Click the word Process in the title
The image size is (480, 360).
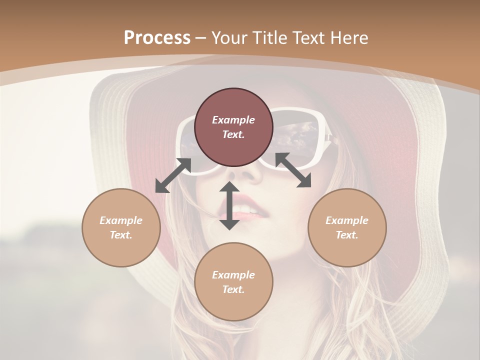[157, 38]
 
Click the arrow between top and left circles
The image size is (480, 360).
[173, 175]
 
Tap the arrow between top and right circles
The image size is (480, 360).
[293, 170]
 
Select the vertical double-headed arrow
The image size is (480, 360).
[229, 205]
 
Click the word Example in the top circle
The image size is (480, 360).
[233, 120]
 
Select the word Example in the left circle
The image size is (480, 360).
[121, 220]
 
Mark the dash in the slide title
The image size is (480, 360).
[201, 38]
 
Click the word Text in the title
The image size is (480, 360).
[309, 38]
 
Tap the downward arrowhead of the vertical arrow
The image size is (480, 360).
[229, 223]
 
